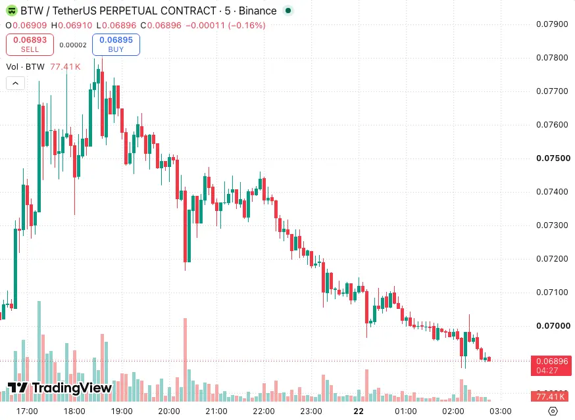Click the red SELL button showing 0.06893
[30, 44]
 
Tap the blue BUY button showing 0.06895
[116, 44]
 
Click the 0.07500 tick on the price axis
[553, 158]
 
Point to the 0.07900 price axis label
[552, 24]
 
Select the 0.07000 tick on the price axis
[553, 326]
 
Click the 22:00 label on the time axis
[263, 411]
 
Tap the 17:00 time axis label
[27, 411]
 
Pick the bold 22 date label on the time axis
[359, 411]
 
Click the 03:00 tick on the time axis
[500, 411]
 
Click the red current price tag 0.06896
[551, 365]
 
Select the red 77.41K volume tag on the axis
[551, 396]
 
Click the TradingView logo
[60, 388]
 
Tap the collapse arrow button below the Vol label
[15, 83]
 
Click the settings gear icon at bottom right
[553, 411]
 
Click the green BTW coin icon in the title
[12, 11]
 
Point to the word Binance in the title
[257, 11]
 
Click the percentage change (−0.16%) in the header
[247, 25]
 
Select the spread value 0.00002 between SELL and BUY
[73, 45]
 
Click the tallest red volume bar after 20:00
[185, 360]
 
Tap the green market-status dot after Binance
[288, 11]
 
